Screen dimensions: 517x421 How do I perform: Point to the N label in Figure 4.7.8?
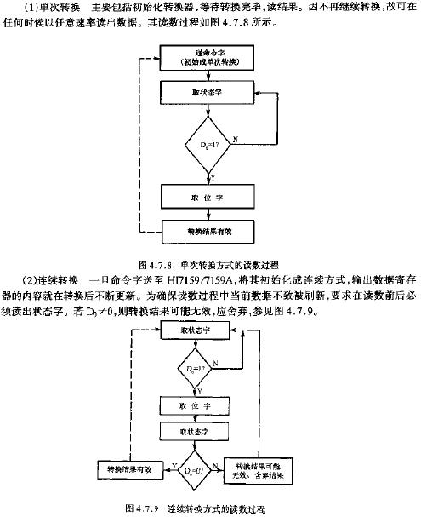pyautogui.click(x=235, y=138)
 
